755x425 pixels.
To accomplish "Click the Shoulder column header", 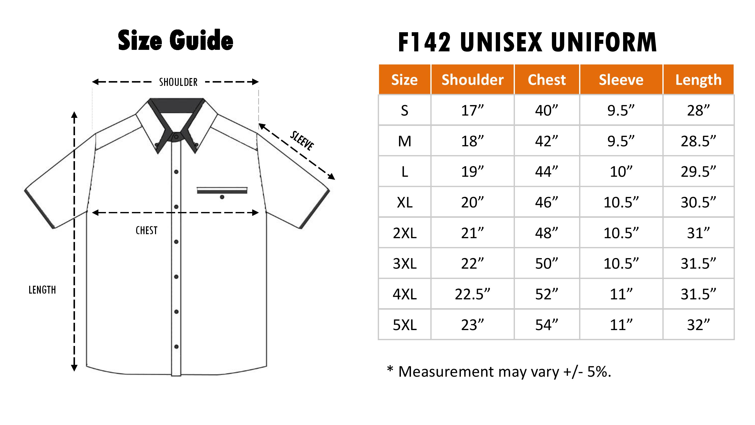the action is pos(472,80).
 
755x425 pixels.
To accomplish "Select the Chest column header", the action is pos(547,80).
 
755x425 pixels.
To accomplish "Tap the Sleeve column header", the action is pos(621,80).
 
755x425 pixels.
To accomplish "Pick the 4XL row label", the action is pos(404,294).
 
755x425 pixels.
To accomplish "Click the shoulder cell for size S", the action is pos(472,111).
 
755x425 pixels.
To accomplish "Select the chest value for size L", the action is pos(547,171).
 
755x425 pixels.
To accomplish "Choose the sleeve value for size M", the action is pos(621,141).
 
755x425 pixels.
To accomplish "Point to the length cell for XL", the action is pos(698,202).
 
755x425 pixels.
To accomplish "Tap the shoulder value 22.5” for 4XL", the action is pos(472,294).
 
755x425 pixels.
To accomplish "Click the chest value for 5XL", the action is pos(547,325).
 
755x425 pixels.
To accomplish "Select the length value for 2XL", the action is pos(698,233).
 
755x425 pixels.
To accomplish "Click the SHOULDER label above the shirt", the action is pos(178,82).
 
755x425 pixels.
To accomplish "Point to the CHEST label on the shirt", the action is pos(146,231).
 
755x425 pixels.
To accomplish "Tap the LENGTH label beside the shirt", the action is pos(42,290).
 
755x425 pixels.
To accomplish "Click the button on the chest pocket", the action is pos(222,197).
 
